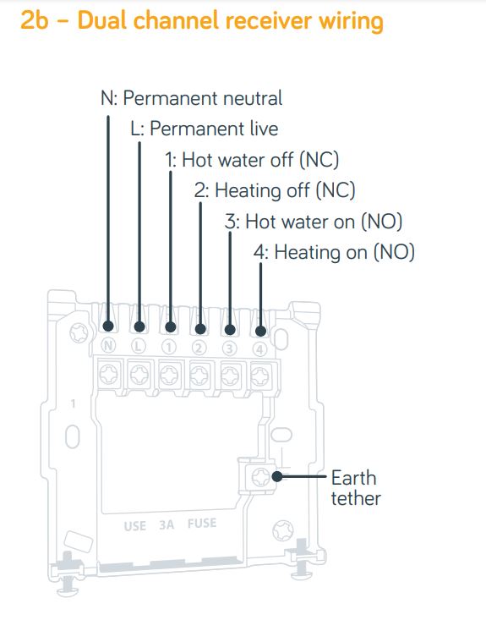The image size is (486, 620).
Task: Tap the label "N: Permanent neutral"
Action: [192, 98]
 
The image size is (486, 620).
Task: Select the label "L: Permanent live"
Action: [205, 129]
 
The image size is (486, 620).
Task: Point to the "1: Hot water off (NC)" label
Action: [252, 160]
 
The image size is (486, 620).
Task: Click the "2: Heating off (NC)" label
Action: [275, 190]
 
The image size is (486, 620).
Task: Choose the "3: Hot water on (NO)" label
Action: [314, 222]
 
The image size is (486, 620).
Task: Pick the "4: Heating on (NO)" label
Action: [334, 252]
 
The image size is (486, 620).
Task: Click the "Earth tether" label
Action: [356, 488]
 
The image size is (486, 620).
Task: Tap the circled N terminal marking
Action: [108, 346]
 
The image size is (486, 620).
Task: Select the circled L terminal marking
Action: [138, 347]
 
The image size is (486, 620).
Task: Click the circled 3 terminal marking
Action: [229, 348]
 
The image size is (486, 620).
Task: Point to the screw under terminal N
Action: [108, 374]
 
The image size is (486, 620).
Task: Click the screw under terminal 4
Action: [260, 376]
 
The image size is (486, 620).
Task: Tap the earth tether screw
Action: [261, 476]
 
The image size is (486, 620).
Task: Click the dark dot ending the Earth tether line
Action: [277, 476]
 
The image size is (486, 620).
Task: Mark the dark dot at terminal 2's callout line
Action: [200, 328]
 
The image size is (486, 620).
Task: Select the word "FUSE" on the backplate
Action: [202, 524]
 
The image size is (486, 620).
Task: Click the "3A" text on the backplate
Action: [167, 524]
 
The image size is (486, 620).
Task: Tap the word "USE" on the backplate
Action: [134, 526]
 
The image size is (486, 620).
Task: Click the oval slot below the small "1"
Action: [73, 436]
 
